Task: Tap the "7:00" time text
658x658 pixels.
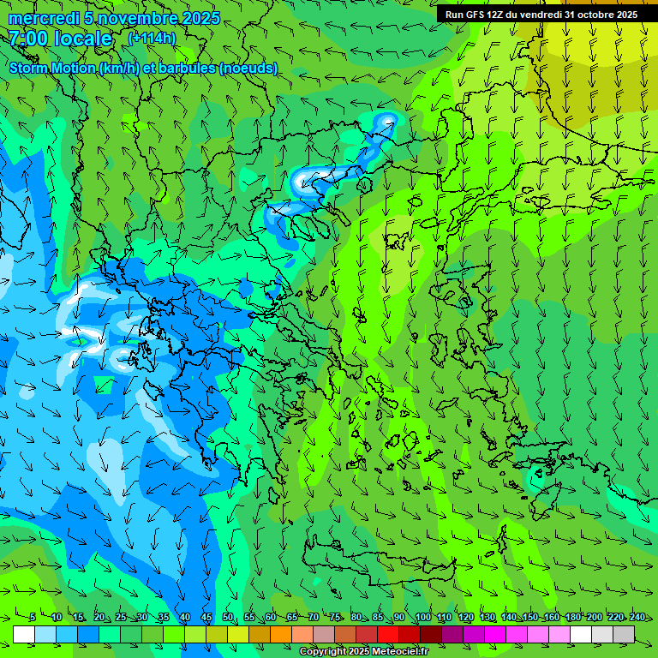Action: click(28, 39)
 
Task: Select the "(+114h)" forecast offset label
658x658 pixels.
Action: click(152, 38)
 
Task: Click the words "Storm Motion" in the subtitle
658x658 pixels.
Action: click(52, 68)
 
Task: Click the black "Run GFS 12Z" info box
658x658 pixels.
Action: click(541, 15)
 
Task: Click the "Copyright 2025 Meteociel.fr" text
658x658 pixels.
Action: click(363, 652)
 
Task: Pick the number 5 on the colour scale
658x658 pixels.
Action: click(33, 618)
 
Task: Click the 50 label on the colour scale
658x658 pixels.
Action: click(228, 618)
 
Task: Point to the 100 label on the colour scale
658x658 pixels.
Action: click(422, 618)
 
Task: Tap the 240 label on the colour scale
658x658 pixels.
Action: click(637, 618)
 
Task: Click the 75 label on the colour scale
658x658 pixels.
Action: click(335, 618)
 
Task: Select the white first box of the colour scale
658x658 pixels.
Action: click(24, 634)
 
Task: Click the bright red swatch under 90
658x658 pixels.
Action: click(388, 634)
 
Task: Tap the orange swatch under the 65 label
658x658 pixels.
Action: click(281, 634)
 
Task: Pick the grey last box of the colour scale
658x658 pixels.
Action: click(624, 634)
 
